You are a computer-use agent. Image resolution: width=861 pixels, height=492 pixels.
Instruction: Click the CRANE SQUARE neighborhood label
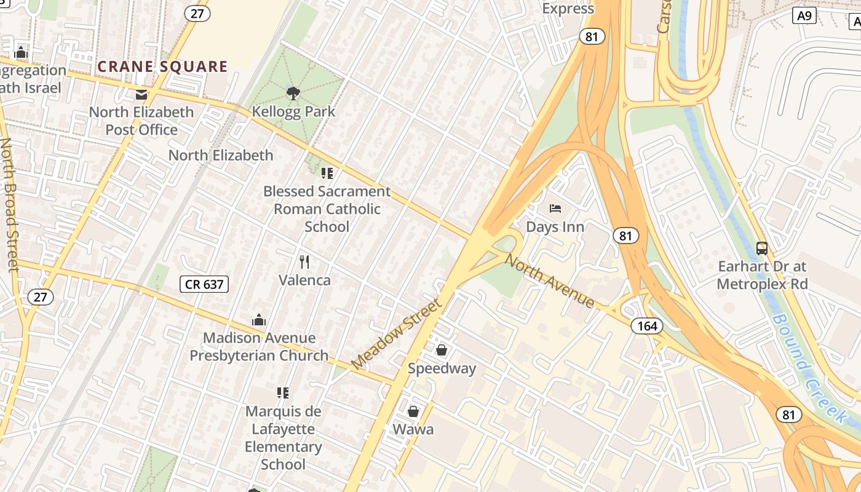click(162, 66)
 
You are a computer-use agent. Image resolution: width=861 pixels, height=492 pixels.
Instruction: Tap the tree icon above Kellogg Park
click(293, 93)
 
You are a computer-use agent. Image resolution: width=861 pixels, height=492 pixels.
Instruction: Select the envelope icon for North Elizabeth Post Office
click(141, 95)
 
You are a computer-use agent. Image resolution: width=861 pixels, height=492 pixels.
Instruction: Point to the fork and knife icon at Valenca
click(304, 262)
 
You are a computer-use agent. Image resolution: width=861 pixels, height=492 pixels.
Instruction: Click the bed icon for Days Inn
click(555, 208)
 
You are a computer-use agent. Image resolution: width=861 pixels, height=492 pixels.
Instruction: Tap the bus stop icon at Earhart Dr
click(762, 248)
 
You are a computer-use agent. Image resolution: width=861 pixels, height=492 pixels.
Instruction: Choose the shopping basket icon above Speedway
click(442, 351)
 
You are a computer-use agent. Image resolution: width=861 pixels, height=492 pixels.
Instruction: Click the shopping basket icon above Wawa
click(413, 411)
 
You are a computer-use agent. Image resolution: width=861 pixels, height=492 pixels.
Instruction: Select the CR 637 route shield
click(204, 284)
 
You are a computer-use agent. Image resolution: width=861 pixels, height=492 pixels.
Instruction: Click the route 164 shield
click(647, 326)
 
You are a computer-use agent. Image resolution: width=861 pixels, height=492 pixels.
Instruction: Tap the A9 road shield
click(804, 16)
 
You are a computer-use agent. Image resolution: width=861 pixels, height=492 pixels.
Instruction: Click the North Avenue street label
click(549, 280)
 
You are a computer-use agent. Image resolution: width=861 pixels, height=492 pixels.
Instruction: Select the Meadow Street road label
click(397, 335)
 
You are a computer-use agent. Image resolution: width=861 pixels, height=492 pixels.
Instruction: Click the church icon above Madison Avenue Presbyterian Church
click(259, 320)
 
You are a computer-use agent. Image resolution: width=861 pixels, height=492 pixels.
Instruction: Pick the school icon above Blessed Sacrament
click(327, 173)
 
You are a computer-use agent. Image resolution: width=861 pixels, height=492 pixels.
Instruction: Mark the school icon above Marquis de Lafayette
click(283, 392)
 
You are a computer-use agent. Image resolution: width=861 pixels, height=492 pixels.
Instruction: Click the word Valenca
click(304, 280)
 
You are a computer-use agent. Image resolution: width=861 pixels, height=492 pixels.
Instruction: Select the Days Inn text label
click(555, 227)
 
